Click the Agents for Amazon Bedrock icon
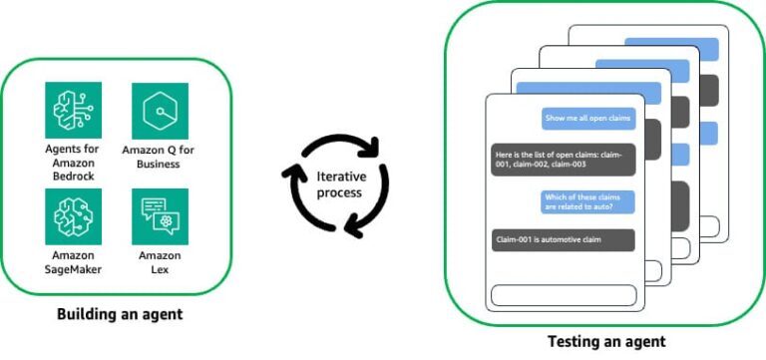click(x=73, y=110)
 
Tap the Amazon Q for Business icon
click(x=160, y=110)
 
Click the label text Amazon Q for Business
click(x=160, y=157)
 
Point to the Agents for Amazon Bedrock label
click(x=73, y=163)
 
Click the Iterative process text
click(x=339, y=184)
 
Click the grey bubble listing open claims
click(x=563, y=161)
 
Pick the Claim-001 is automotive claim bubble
click(x=563, y=240)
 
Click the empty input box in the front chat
click(x=562, y=295)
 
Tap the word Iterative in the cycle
click(x=339, y=177)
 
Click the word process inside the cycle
click(x=339, y=192)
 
